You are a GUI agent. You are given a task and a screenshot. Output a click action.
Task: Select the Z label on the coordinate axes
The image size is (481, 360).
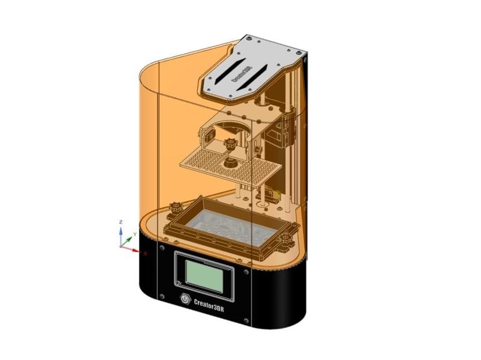pos(121,222)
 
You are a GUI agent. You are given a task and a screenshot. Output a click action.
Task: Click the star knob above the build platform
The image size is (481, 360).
pos(228,144)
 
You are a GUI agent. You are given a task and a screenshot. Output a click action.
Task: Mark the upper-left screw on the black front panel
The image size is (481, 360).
pos(162,247)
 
